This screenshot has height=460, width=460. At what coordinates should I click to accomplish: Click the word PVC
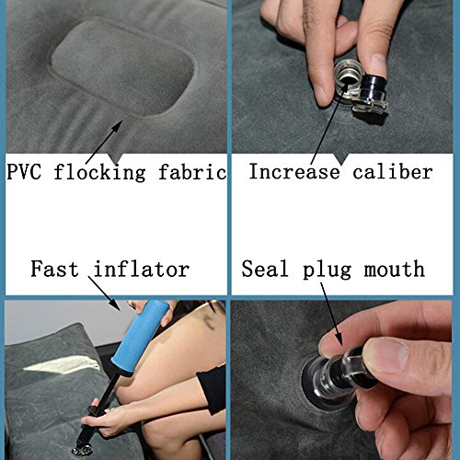click(x=24, y=172)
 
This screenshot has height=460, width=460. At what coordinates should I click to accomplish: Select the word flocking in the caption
click(x=99, y=172)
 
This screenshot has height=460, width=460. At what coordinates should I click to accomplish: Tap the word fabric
click(x=192, y=172)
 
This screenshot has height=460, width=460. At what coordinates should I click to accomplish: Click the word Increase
click(x=294, y=171)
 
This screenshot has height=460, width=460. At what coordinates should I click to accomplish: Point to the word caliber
click(x=393, y=171)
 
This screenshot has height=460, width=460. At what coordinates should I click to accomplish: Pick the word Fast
click(x=54, y=269)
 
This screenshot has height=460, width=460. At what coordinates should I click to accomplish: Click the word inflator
click(x=142, y=269)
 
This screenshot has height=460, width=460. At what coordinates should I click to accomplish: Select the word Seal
click(x=265, y=269)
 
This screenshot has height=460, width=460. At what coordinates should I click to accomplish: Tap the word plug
click(x=327, y=270)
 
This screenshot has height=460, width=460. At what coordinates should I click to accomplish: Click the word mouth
click(x=395, y=269)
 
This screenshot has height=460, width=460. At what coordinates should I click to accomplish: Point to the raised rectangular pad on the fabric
click(x=122, y=68)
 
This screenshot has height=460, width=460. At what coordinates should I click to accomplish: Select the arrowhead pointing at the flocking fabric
click(x=117, y=127)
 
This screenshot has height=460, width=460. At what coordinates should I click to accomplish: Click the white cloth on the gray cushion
click(x=62, y=364)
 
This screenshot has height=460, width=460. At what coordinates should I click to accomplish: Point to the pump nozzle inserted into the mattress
click(x=82, y=448)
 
